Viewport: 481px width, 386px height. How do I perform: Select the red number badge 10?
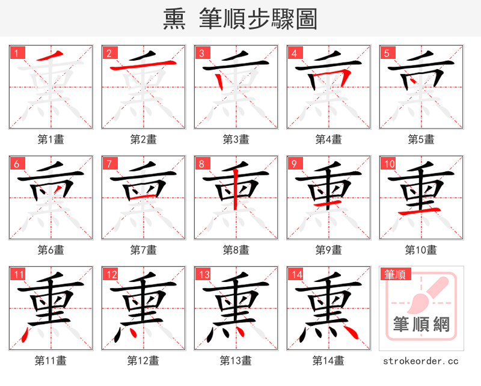coord(389,164)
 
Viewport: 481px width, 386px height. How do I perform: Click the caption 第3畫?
coord(236,139)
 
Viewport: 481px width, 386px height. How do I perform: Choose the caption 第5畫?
coord(421,139)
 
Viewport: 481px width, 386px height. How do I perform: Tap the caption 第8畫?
coord(236,250)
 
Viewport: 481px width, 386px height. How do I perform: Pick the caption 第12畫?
coord(143,360)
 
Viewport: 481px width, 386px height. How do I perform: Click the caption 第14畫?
coord(328,360)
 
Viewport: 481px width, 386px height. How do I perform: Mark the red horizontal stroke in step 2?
coord(144,65)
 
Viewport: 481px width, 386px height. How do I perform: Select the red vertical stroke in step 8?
coord(236,191)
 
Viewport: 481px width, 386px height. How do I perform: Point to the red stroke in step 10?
coord(421,212)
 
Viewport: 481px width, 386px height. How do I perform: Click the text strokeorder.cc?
coord(421,361)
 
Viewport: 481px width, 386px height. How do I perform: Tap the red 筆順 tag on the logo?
coord(395,275)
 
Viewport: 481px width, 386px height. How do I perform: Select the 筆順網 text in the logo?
coord(421,325)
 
